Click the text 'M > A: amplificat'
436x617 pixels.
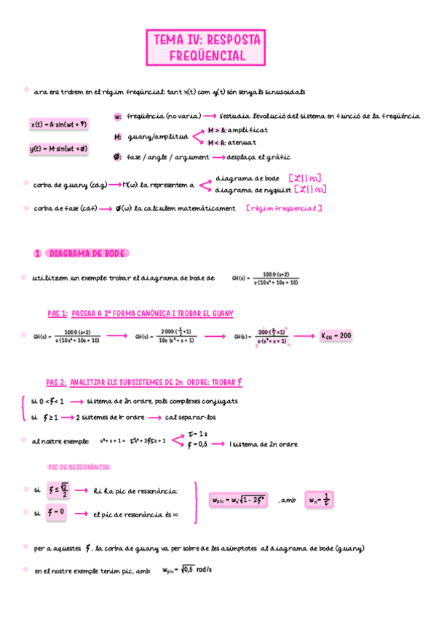point(238,130)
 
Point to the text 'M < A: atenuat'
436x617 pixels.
point(232,143)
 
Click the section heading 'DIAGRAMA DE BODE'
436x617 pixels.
point(87,253)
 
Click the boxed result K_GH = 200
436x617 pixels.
point(336,336)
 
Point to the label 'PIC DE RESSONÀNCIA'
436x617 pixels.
point(79,466)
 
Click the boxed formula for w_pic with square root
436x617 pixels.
point(239,500)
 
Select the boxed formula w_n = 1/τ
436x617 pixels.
point(320,500)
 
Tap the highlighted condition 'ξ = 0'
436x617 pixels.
point(56,512)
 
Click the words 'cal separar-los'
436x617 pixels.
point(191,418)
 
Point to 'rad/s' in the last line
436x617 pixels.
point(204,570)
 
